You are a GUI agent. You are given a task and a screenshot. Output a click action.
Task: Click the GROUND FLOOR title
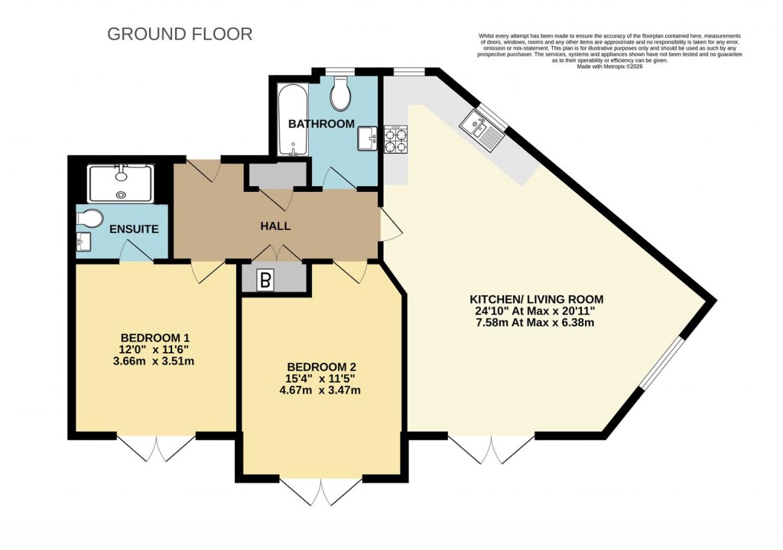[180, 34]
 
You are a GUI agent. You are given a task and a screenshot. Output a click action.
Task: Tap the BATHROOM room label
[321, 123]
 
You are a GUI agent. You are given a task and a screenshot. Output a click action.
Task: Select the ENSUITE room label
[134, 229]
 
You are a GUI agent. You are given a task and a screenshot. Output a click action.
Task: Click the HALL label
[275, 226]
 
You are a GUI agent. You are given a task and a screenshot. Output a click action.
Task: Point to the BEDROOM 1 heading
[155, 338]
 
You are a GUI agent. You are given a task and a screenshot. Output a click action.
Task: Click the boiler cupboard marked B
[265, 281]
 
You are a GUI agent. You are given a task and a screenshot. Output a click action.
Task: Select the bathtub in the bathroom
[292, 120]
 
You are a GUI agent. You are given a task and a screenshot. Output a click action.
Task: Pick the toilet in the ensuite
[89, 220]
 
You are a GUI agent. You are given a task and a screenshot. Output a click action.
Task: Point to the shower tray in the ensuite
[121, 184]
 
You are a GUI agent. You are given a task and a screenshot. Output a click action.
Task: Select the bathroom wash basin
[368, 138]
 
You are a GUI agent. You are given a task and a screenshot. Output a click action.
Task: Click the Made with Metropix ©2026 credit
[611, 67]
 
